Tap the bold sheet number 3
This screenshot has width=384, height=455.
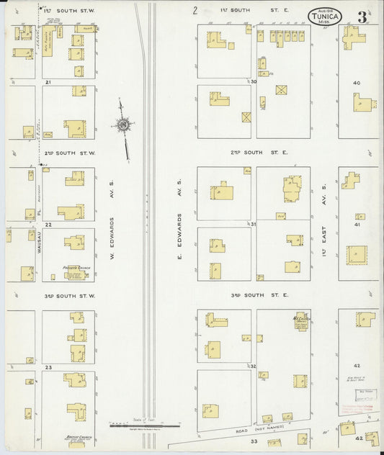pos(362,17)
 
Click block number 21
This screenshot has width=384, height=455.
pos(48,84)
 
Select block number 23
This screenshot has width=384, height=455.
pos(48,368)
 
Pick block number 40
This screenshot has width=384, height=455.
pos(356,83)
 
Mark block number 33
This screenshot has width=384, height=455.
pos(254,441)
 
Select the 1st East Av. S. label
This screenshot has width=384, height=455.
pos(324,227)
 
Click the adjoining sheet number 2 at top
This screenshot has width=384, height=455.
pos(195,11)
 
